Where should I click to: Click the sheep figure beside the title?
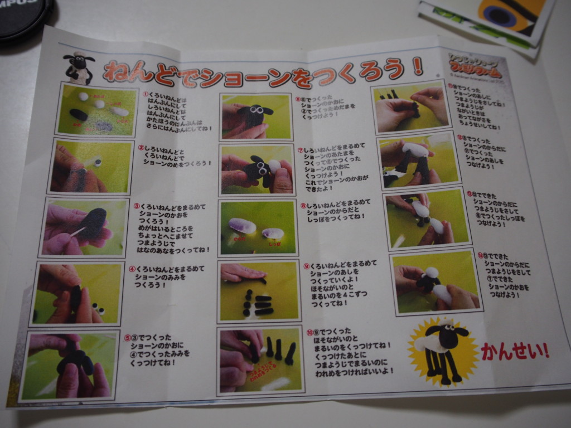(x=79, y=69)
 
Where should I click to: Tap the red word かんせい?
(x=515, y=351)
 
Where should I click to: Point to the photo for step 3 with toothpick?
(x=86, y=226)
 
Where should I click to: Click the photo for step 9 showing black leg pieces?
(x=258, y=291)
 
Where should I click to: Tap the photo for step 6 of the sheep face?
(x=256, y=116)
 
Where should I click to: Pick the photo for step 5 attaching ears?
(x=70, y=365)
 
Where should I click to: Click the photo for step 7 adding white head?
(x=257, y=169)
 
